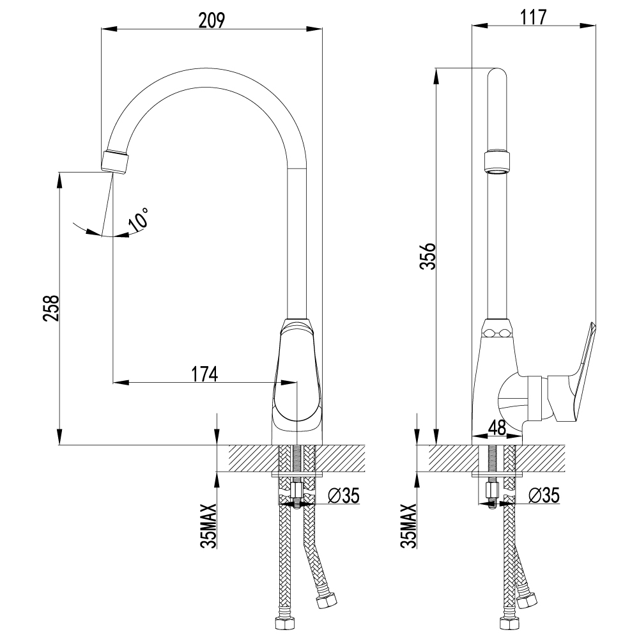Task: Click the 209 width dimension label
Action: pos(212,20)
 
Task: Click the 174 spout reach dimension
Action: pos(203,374)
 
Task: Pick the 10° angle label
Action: pos(139,219)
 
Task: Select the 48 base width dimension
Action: pos(498,427)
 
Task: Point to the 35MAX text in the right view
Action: pos(409,526)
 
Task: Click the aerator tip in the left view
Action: pos(116,160)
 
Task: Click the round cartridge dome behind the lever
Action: pos(514,399)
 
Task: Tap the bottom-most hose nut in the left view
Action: pos(281,622)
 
